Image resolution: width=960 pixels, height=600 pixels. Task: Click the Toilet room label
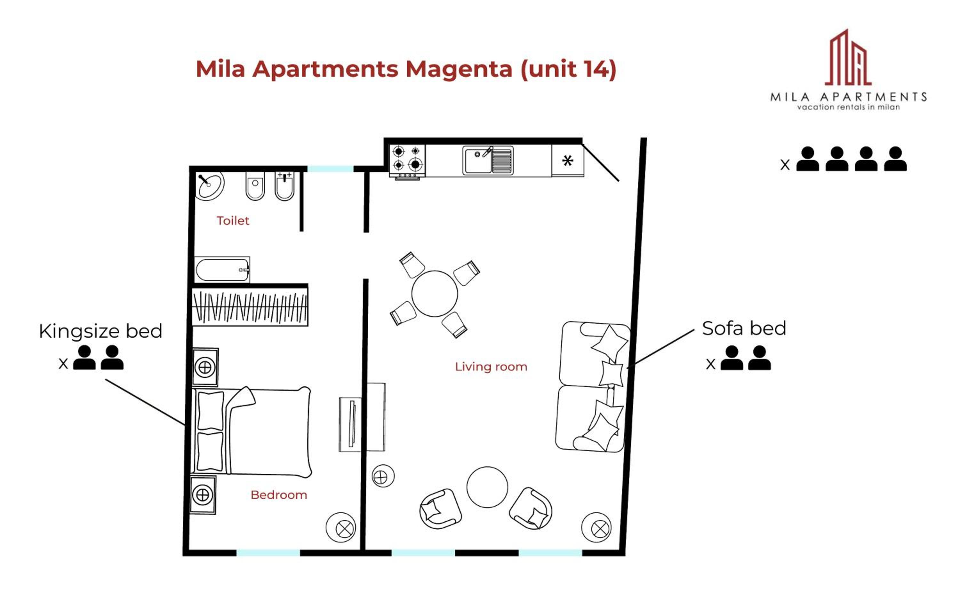pos(233,221)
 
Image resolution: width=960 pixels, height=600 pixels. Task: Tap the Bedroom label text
pos(279,495)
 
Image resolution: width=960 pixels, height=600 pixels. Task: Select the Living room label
pos(491,367)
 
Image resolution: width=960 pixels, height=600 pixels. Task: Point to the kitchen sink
pos(488,160)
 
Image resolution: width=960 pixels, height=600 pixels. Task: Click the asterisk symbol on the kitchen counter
pos(568,160)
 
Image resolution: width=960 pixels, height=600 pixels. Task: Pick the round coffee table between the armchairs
pos(487,487)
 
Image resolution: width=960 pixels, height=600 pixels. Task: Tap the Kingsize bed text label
pos(101,331)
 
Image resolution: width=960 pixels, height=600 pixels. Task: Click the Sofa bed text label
pos(744,328)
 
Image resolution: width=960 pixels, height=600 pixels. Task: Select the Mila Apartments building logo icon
pos(848,58)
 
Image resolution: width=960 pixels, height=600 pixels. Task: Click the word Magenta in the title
pos(459,69)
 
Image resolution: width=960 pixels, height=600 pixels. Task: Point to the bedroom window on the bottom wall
pos(268,553)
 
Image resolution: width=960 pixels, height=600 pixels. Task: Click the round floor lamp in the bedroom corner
pos(341,527)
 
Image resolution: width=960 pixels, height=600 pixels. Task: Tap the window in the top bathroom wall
pos(330,169)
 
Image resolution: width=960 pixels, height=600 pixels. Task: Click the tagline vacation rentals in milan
pos(848,107)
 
